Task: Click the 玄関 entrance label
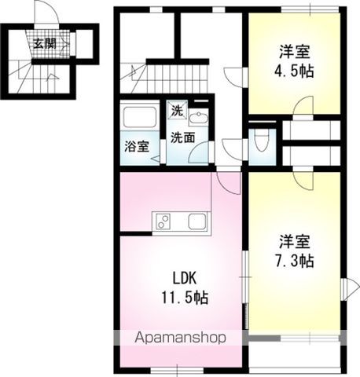[x=44, y=43]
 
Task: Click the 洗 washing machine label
[x=178, y=111]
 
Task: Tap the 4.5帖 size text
[x=295, y=71]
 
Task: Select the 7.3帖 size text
[x=295, y=260]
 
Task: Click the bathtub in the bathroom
[x=140, y=119]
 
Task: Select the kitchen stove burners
[x=163, y=221]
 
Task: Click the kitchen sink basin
[x=196, y=221]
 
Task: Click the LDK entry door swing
[x=229, y=182]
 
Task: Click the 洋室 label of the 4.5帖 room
[x=295, y=53]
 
